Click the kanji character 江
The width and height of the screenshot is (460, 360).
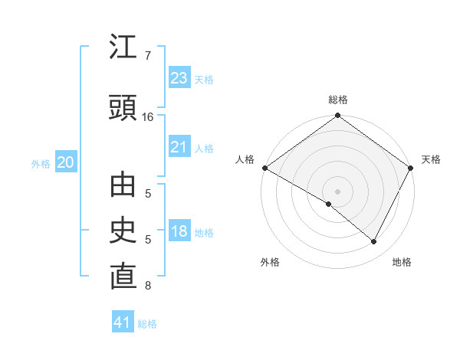pyautogui.click(x=123, y=48)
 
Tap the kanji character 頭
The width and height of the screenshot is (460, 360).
pyautogui.click(x=123, y=110)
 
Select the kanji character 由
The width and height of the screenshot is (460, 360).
pyautogui.click(x=123, y=186)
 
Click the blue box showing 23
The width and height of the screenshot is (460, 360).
pyautogui.click(x=179, y=78)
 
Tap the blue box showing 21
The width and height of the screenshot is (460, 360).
pyautogui.click(x=179, y=147)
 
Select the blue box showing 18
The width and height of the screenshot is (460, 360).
pyautogui.click(x=179, y=231)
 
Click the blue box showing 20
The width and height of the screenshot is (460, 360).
pyautogui.click(x=65, y=162)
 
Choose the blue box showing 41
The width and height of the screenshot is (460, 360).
pyautogui.click(x=123, y=322)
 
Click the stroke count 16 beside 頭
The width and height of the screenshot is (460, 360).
pyautogui.click(x=148, y=117)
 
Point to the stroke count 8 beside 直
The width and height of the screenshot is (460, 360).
pyautogui.click(x=147, y=286)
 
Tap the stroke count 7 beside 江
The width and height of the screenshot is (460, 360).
pyautogui.click(x=147, y=56)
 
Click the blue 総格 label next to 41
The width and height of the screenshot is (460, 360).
pyautogui.click(x=147, y=324)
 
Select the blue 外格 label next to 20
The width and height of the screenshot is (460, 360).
pyautogui.click(x=41, y=163)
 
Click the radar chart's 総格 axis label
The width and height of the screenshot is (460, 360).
pyautogui.click(x=337, y=100)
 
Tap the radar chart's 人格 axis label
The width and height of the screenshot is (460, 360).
pyautogui.click(x=245, y=159)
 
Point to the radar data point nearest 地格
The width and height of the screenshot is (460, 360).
pyautogui.click(x=374, y=242)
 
